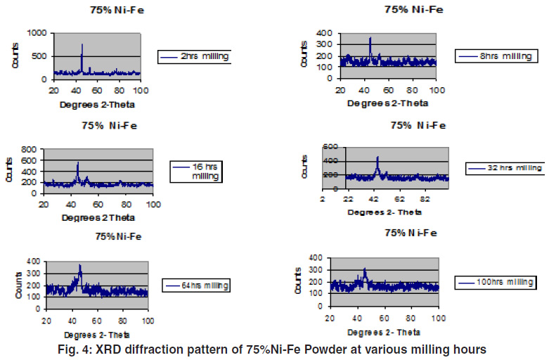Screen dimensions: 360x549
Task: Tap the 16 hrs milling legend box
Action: point(196,172)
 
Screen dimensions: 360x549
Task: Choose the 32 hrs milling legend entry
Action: point(505,168)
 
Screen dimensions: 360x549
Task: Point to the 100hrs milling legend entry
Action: point(496,282)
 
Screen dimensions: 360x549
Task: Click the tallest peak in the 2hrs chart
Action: point(82,44)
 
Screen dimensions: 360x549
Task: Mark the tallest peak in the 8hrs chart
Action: point(370,38)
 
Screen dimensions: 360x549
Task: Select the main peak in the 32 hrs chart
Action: point(377,157)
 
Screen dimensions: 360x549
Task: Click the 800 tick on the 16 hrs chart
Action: point(30,149)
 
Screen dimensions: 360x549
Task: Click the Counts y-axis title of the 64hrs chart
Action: point(10,279)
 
